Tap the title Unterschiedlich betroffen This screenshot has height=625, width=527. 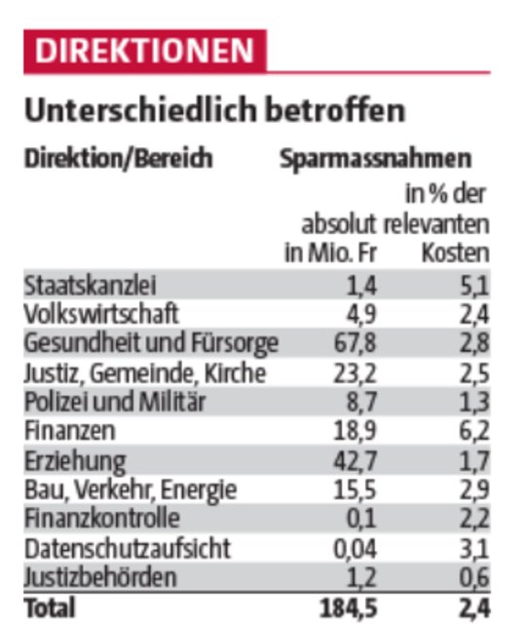[x=213, y=111]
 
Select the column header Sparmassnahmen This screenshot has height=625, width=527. [x=375, y=158]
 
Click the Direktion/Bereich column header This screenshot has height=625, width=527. [x=118, y=158]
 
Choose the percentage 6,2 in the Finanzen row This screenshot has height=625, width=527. [x=471, y=431]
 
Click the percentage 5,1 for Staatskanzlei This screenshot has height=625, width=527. [x=471, y=286]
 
